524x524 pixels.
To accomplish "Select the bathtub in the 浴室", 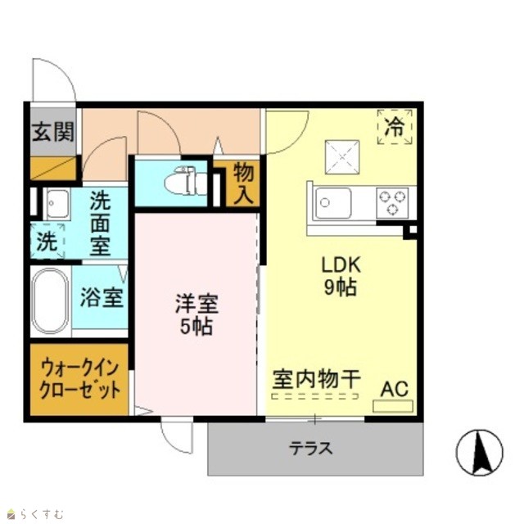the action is pyautogui.click(x=50, y=300).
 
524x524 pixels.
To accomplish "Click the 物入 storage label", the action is pyautogui.click(x=243, y=183).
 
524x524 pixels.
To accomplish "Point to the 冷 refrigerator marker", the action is pyautogui.click(x=395, y=127).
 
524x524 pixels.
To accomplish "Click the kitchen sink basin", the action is pyautogui.click(x=333, y=203).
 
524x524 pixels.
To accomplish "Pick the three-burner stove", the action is pyautogui.click(x=392, y=202).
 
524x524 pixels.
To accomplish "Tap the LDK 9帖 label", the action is pyautogui.click(x=341, y=276).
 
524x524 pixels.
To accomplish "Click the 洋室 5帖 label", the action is pyautogui.click(x=196, y=314).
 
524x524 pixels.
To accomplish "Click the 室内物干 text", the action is pyautogui.click(x=316, y=379).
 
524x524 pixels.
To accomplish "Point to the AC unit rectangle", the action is pyautogui.click(x=393, y=406).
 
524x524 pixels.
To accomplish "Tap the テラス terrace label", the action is pyautogui.click(x=311, y=449).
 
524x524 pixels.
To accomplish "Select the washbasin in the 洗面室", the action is pyautogui.click(x=58, y=204).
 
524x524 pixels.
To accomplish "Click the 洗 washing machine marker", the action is pyautogui.click(x=47, y=242).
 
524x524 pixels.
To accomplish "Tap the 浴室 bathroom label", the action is pyautogui.click(x=102, y=297).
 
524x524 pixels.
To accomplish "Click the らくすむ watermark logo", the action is pyautogui.click(x=36, y=513).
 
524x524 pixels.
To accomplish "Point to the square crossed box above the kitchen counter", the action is pyautogui.click(x=342, y=156).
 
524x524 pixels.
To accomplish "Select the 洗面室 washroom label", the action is pyautogui.click(x=100, y=223).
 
